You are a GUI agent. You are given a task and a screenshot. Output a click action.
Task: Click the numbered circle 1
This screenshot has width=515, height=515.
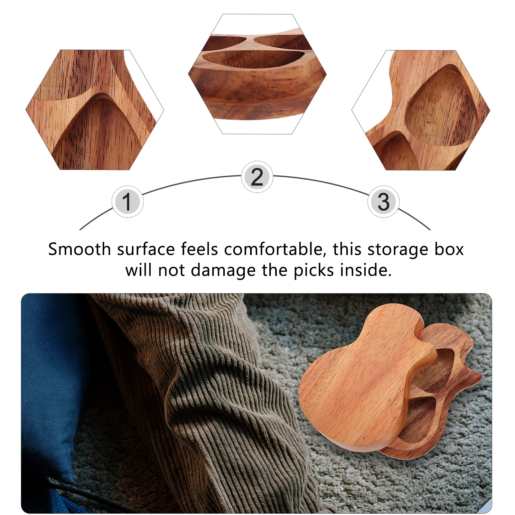(x=127, y=202)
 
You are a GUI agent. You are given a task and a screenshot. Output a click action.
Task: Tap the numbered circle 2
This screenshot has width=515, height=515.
(x=257, y=177)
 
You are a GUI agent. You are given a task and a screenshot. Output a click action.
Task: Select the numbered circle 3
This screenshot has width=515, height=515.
(x=383, y=202)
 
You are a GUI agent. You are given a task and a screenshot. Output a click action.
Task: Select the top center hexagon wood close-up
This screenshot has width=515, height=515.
(x=257, y=74)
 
